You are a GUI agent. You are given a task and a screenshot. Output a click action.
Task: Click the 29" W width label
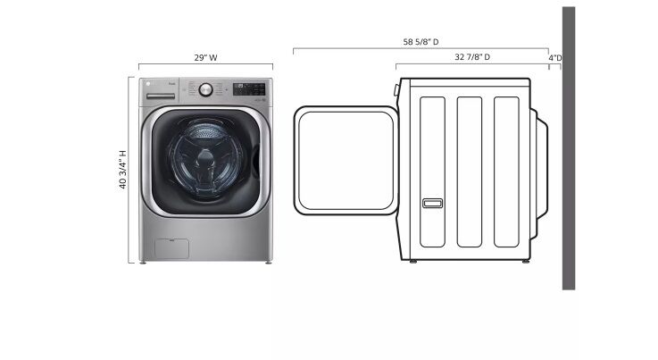205,57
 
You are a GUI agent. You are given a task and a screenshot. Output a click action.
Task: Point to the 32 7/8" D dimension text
472,57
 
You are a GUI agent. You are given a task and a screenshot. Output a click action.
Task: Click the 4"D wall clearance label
555,57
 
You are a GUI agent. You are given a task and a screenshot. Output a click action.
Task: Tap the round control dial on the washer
206,89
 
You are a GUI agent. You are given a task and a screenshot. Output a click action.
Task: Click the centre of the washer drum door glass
206,161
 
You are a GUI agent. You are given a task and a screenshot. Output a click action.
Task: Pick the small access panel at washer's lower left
171,247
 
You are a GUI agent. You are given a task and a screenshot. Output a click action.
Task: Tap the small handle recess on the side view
432,204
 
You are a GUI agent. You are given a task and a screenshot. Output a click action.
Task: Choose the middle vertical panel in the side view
470,171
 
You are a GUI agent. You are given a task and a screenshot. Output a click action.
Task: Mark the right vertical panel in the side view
506,171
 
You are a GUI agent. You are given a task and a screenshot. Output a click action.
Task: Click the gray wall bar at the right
569,147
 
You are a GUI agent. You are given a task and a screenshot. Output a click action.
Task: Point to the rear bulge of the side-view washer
539,161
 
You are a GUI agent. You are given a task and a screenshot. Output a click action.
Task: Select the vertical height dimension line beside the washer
133,170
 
